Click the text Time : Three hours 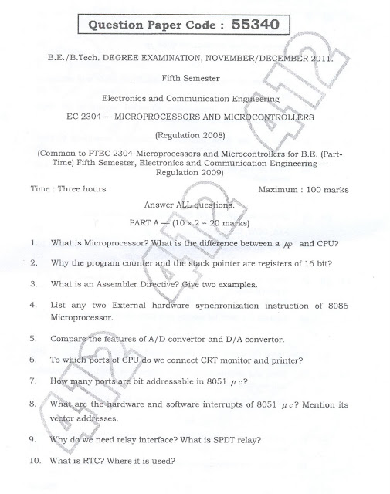pos(69,189)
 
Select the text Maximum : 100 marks pos(303,189)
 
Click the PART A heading pos(141,224)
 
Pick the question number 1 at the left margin pos(35,243)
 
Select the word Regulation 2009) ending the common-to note pos(194,174)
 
